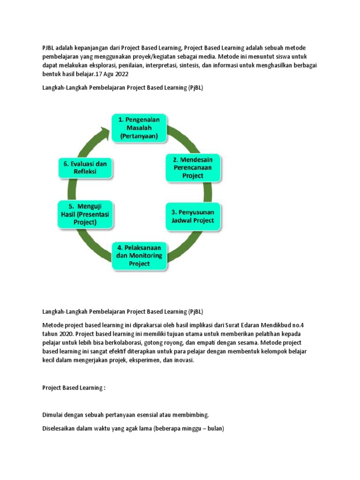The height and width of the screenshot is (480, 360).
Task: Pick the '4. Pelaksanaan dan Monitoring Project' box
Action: [x=139, y=255]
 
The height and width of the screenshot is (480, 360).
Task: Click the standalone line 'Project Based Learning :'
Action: [x=74, y=388]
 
